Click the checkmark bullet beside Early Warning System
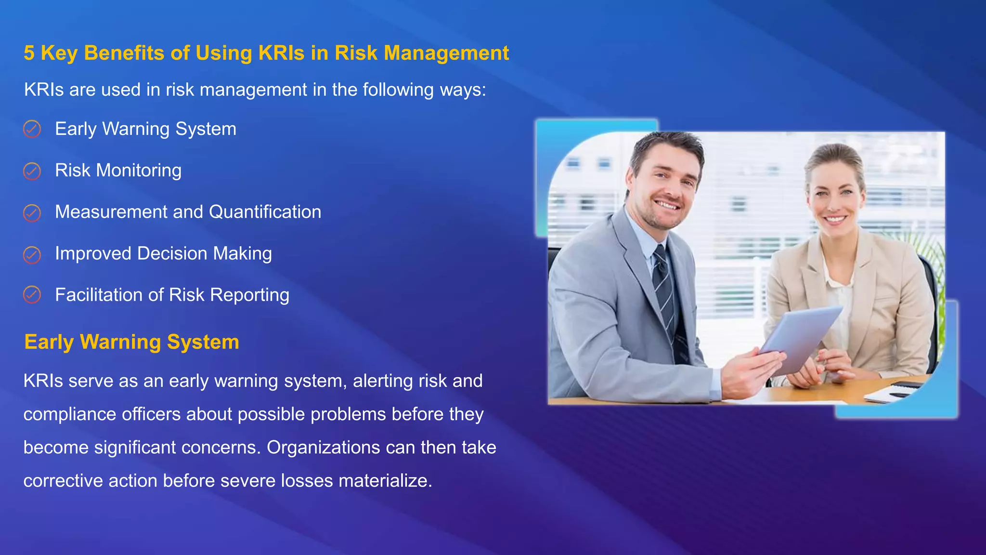(x=32, y=129)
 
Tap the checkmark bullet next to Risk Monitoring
(x=32, y=171)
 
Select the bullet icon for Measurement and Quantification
(x=32, y=212)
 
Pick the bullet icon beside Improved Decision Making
(x=32, y=254)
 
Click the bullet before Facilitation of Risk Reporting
(x=32, y=295)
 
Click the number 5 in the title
(x=29, y=53)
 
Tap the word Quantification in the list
(x=265, y=212)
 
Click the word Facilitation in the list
(x=98, y=295)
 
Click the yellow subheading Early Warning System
(x=131, y=342)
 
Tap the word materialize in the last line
(x=385, y=481)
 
